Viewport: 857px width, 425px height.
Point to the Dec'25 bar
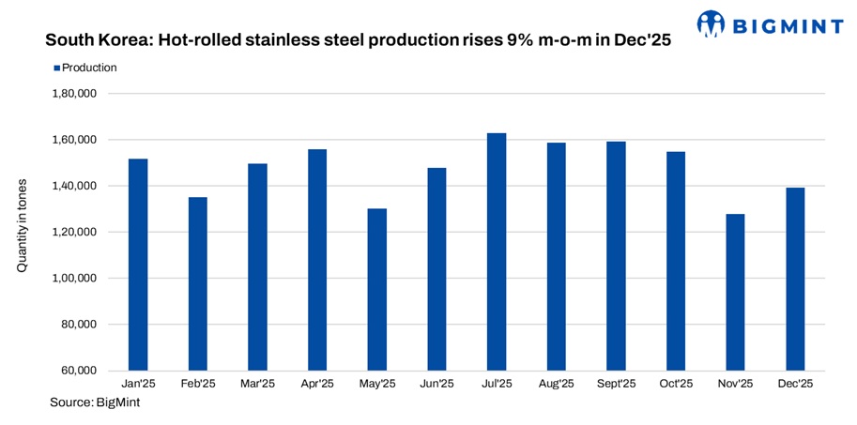[795, 279]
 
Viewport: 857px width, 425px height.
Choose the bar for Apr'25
[317, 259]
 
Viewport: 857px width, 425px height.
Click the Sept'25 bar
[616, 255]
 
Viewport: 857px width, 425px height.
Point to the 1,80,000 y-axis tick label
[75, 94]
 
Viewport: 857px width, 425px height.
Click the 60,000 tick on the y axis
[79, 371]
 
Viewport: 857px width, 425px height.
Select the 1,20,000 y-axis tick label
[75, 232]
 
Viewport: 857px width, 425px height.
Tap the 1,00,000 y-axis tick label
[75, 279]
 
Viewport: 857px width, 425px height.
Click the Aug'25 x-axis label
[556, 385]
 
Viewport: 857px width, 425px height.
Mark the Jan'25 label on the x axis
[138, 385]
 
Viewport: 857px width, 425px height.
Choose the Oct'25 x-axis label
[676, 385]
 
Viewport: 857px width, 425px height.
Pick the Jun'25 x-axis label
[436, 385]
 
